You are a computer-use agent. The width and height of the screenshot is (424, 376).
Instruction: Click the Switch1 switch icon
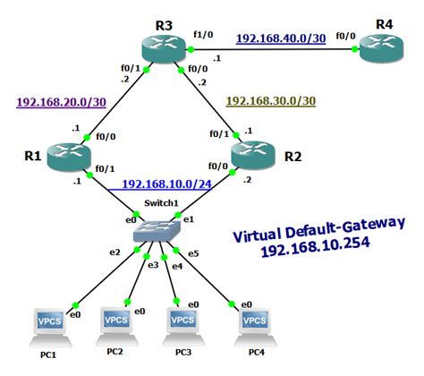coord(157,232)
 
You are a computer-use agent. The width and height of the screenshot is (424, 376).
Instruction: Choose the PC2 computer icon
coord(114,322)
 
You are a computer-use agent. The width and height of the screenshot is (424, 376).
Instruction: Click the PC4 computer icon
coord(251,322)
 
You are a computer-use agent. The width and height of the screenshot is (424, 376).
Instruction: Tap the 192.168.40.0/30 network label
coord(281,38)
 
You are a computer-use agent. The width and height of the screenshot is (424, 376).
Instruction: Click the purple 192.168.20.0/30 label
coord(62,102)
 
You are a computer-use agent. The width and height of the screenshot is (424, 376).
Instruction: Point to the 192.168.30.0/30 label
coord(271,102)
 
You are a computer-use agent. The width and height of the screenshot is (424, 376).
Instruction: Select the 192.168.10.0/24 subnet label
coord(167,184)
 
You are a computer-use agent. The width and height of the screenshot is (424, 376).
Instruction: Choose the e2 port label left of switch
coord(114,252)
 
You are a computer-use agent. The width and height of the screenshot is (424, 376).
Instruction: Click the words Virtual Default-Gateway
coord(319,230)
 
